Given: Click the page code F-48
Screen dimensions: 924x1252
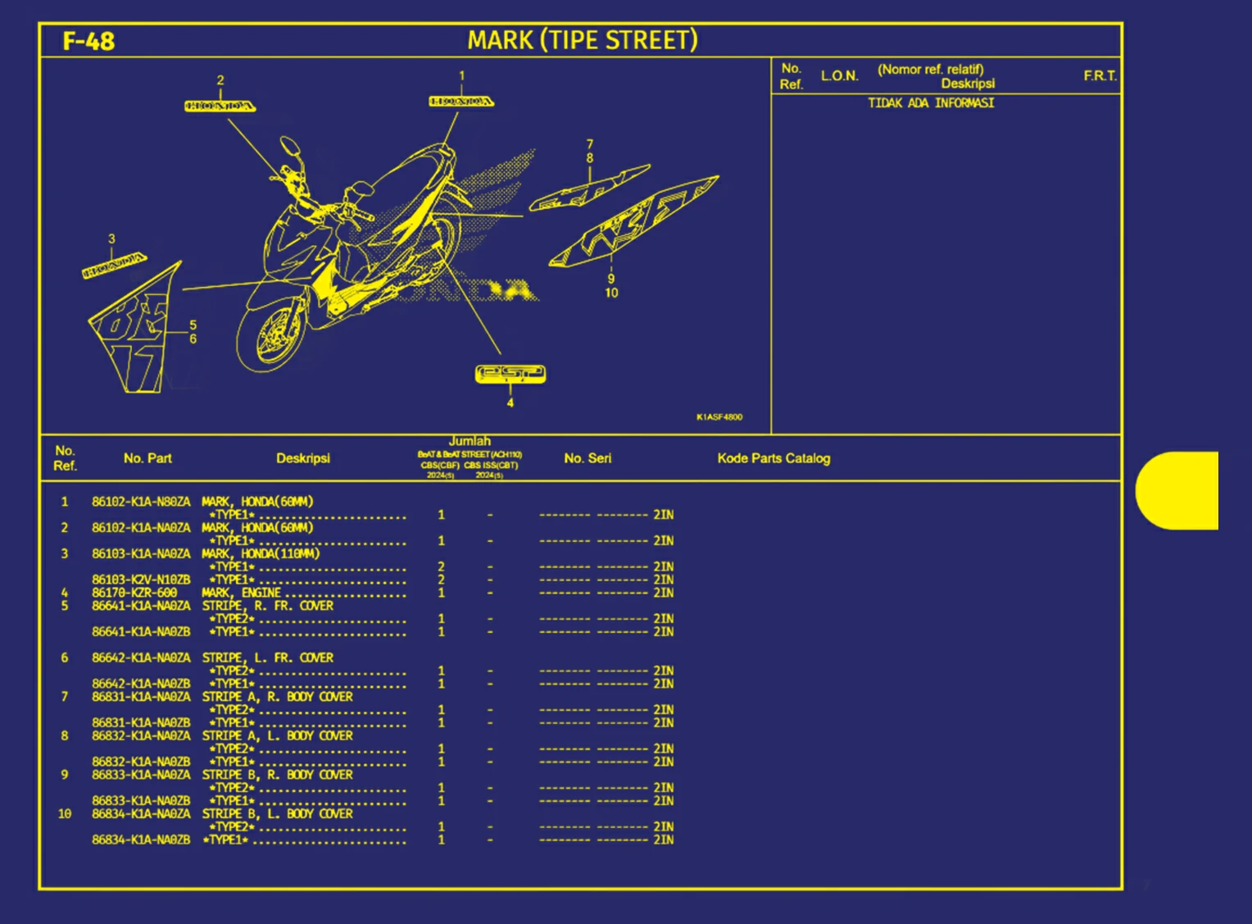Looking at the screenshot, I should tap(88, 41).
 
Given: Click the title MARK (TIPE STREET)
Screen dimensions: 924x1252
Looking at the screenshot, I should tap(582, 40).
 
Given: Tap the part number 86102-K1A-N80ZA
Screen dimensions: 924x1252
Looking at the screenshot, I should tap(141, 502).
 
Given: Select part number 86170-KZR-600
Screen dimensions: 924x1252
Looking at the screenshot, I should tap(134, 593).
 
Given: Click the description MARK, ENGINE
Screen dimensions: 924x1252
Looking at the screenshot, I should tap(241, 593).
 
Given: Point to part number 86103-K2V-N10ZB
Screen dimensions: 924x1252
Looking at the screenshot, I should tap(141, 580).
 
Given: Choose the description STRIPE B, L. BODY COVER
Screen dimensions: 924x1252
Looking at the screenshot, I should tap(277, 814).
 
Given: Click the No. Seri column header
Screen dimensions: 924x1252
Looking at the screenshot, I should tap(587, 458).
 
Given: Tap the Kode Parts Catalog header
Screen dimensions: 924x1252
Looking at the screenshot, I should tap(773, 458).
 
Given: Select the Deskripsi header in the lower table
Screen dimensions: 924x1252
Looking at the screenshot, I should tap(302, 458).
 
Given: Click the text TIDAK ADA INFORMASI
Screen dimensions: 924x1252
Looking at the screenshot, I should tap(931, 103).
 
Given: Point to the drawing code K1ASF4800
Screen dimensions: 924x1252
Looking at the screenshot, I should tap(719, 417).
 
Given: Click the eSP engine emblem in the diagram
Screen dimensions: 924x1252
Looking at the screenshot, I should tap(510, 374).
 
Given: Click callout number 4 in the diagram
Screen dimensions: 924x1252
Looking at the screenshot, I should tap(510, 403).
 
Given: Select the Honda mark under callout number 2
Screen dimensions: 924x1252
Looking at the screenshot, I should tap(220, 106).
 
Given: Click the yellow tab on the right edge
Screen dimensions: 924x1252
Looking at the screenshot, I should tap(1177, 490).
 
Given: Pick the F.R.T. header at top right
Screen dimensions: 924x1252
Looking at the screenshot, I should tap(1100, 76).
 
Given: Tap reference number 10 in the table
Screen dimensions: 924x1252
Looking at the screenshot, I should tap(65, 814).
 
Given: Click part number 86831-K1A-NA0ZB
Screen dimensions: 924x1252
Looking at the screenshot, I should tap(141, 723).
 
